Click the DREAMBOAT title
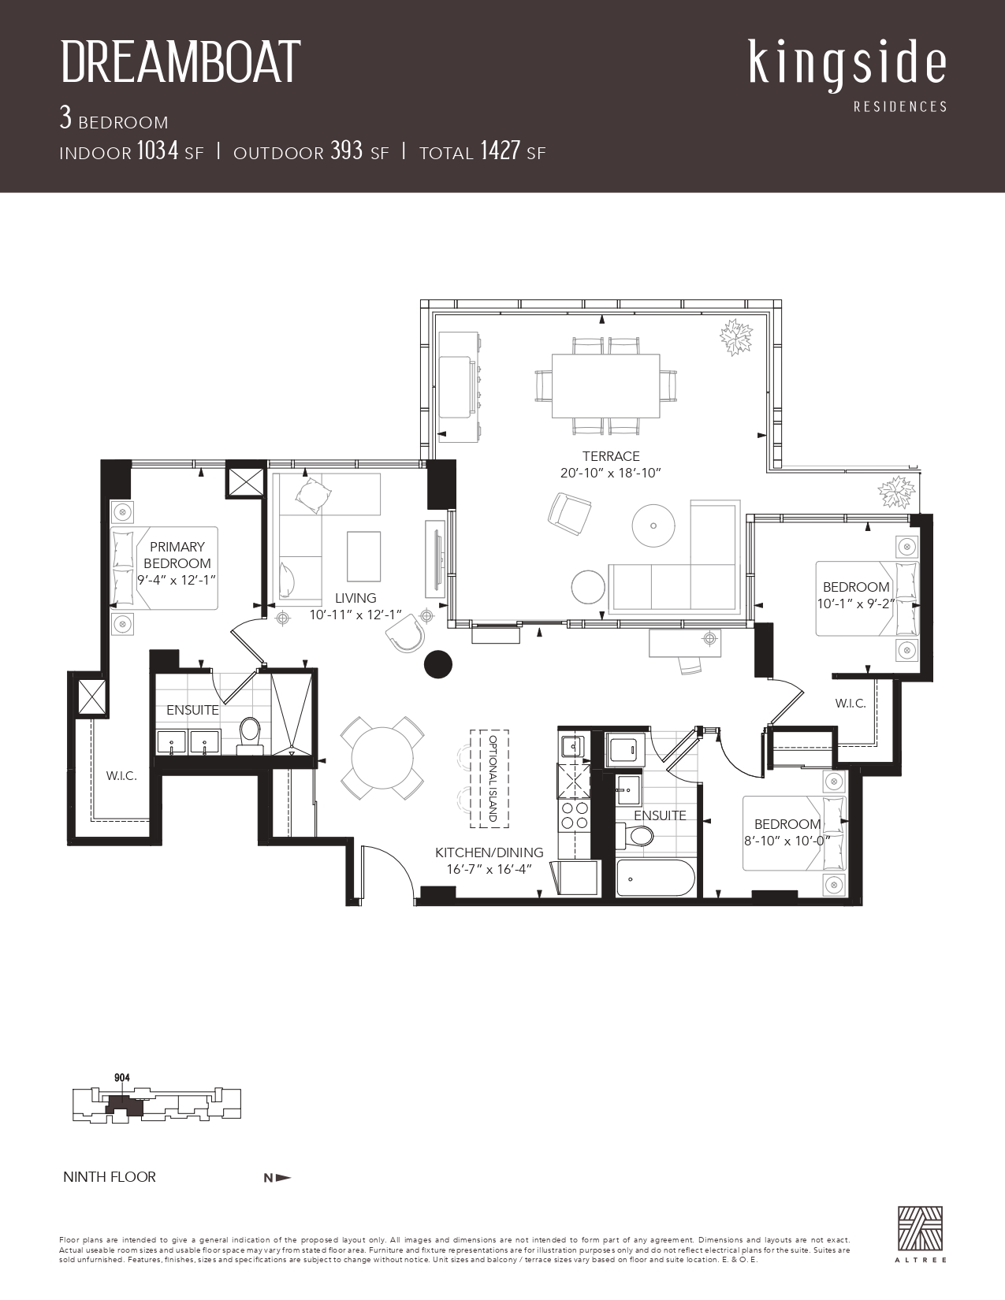(x=181, y=62)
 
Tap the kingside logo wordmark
(x=847, y=66)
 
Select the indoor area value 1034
(x=158, y=150)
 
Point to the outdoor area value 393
(x=347, y=150)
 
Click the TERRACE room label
(x=611, y=456)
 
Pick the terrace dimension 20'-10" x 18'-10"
(x=611, y=474)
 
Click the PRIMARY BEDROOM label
(x=177, y=555)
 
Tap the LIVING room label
(x=355, y=598)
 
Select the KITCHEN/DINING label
(x=489, y=852)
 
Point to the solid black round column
(x=438, y=664)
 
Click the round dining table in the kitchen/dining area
(x=382, y=758)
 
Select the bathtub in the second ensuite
(x=656, y=878)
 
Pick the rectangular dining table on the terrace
(x=605, y=386)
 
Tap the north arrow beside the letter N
(x=284, y=1179)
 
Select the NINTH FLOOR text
(x=110, y=1177)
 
